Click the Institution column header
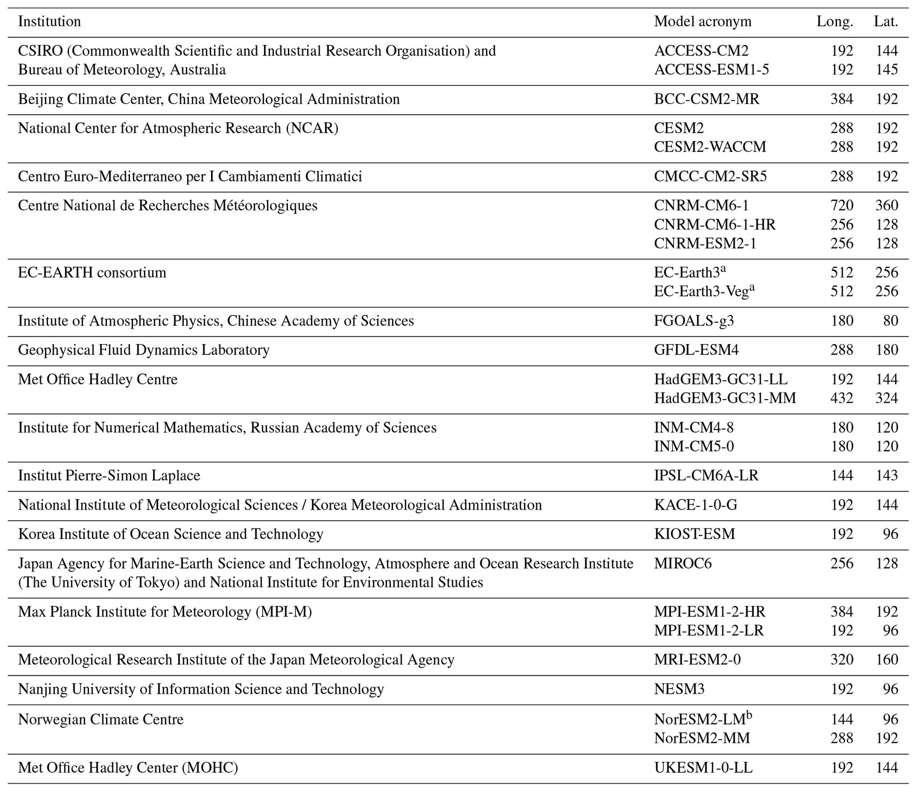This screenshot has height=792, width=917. [49, 21]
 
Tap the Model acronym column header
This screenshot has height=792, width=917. [702, 21]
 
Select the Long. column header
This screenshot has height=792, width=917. [834, 21]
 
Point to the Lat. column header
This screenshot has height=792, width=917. [886, 21]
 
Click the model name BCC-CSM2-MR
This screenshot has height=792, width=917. [706, 99]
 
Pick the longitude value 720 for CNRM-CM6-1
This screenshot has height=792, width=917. [842, 205]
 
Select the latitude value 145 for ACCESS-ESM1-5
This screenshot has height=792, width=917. [886, 69]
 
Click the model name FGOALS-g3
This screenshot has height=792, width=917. [694, 321]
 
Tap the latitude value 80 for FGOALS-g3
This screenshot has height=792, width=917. [890, 321]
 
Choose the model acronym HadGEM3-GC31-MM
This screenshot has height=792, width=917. [725, 398]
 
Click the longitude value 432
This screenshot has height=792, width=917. [842, 398]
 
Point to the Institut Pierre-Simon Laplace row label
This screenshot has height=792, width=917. [109, 475]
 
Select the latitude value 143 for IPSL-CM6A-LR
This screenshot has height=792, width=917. [886, 475]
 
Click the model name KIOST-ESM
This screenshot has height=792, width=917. [694, 534]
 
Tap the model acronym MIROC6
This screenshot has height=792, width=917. [682, 563]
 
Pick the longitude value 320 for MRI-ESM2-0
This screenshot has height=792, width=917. [842, 660]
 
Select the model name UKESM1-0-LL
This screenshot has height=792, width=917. [703, 768]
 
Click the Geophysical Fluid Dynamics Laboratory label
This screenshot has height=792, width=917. [144, 350]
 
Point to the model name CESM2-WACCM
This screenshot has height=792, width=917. [710, 147]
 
